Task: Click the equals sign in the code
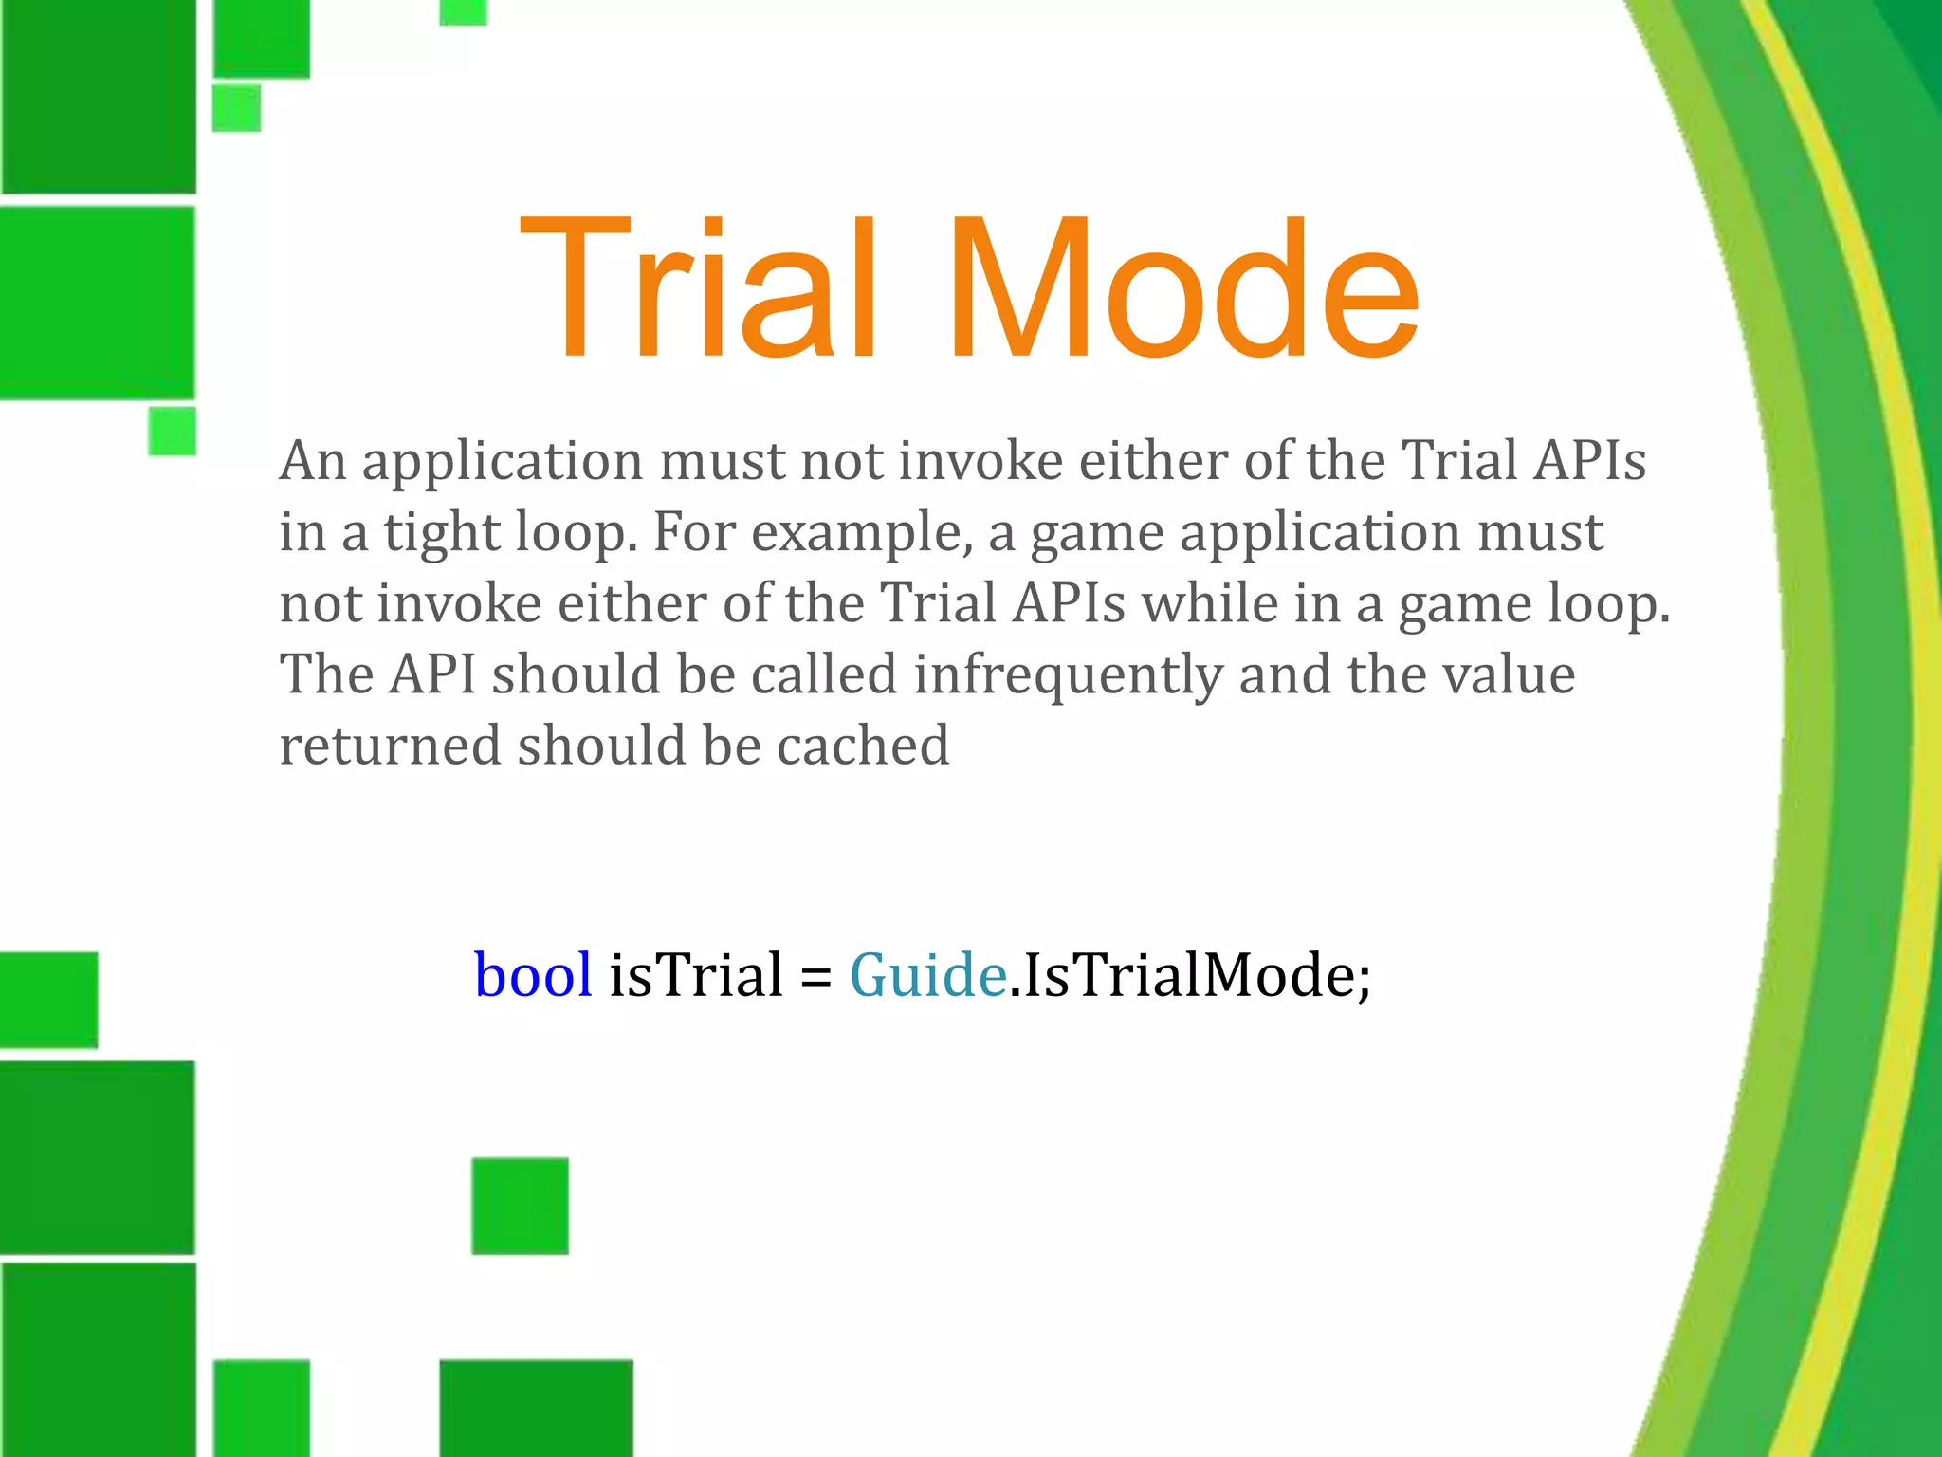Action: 815,977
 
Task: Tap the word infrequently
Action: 1068,675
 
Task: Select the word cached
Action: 863,746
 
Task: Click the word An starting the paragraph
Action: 312,461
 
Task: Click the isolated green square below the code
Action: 520,1206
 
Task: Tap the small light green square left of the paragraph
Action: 173,431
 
